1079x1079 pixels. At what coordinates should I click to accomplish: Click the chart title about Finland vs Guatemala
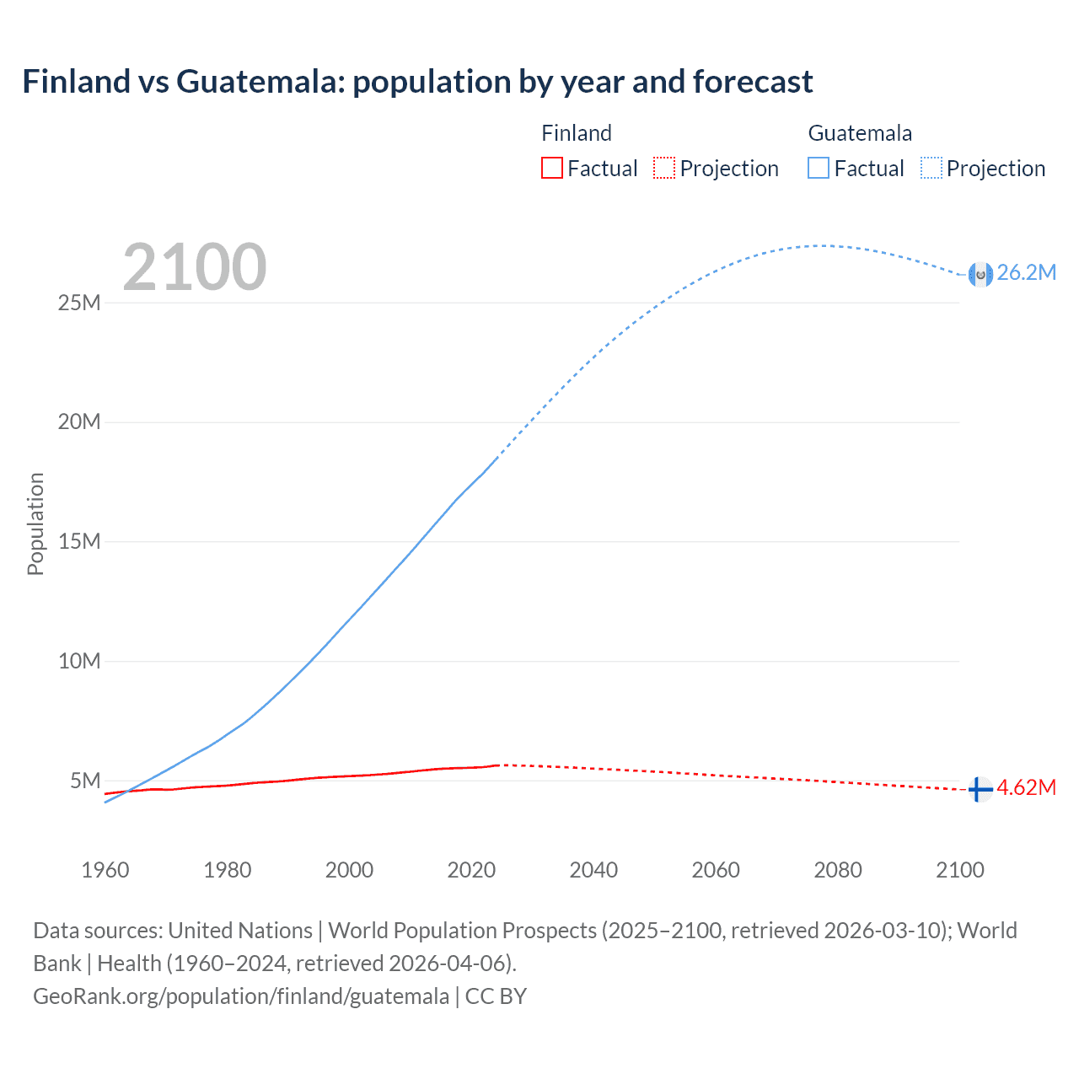417,82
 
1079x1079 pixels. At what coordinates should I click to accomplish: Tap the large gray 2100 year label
195,267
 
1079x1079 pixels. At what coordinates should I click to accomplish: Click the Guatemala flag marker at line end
980,274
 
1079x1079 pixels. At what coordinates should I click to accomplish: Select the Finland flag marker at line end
979,789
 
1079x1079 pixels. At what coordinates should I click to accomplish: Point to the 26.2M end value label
1026,272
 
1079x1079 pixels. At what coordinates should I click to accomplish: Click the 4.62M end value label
1026,787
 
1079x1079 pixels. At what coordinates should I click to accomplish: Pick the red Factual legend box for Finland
552,169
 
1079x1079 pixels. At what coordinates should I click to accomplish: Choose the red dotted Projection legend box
664,169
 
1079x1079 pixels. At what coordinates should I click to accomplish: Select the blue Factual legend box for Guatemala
819,169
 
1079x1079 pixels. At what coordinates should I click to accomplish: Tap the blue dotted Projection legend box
931,169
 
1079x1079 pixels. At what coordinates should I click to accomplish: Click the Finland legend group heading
577,133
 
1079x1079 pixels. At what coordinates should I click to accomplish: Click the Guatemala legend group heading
860,133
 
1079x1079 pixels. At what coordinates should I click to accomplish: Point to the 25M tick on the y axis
79,303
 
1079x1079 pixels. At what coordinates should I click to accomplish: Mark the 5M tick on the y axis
85,781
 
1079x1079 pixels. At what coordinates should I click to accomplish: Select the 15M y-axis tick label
79,541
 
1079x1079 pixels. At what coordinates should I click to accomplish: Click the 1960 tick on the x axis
105,870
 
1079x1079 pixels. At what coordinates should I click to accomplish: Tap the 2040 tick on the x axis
593,870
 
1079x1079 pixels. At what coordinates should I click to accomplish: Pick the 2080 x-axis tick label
838,870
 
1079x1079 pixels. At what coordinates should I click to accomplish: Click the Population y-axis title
35,523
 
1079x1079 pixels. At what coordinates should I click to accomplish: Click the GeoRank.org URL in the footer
241,996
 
